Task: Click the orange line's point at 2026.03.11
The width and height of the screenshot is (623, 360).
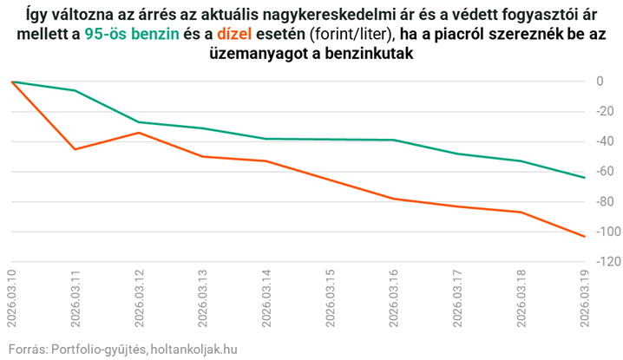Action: [x=75, y=149]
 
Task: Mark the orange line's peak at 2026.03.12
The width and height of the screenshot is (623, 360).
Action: [x=139, y=133]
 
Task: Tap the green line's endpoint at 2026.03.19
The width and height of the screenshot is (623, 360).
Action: [x=584, y=178]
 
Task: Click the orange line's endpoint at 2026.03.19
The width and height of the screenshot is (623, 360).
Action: [x=584, y=236]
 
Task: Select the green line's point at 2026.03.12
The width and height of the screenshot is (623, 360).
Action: [x=139, y=122]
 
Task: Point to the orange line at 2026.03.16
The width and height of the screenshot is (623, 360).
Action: [x=393, y=199]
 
